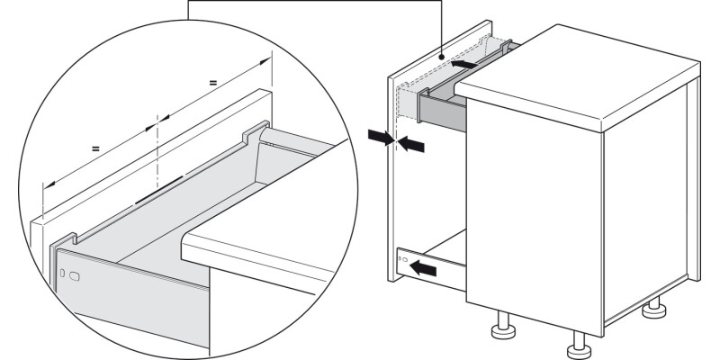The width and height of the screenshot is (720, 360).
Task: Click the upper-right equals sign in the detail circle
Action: click(x=212, y=83)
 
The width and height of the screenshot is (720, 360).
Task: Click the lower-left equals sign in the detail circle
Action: click(x=95, y=145)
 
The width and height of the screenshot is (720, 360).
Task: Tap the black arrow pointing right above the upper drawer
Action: click(x=464, y=65)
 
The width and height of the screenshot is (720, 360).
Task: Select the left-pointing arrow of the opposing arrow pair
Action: click(x=411, y=143)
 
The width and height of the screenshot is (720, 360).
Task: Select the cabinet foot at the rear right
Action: click(x=654, y=311)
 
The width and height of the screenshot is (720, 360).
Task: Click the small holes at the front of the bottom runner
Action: click(x=401, y=260)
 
